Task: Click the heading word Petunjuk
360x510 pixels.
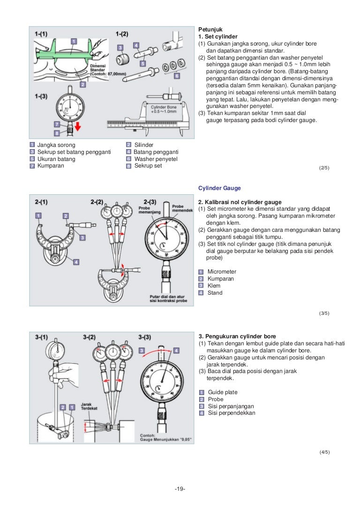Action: [210, 29]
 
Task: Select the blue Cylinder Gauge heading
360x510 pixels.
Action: [220, 188]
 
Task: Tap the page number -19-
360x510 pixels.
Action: [180, 489]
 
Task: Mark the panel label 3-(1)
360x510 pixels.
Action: [43, 337]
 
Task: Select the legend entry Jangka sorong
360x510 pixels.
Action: [56, 145]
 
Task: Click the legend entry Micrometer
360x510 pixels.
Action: [222, 272]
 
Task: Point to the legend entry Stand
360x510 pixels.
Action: [215, 293]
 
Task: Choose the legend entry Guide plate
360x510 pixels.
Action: [223, 392]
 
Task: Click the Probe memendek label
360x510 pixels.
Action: [182, 208]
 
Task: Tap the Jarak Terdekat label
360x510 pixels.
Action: [90, 406]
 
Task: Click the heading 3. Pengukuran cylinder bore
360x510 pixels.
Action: [237, 336]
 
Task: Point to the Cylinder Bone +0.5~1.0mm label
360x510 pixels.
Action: [164, 109]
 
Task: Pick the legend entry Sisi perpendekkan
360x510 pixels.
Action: [232, 413]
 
